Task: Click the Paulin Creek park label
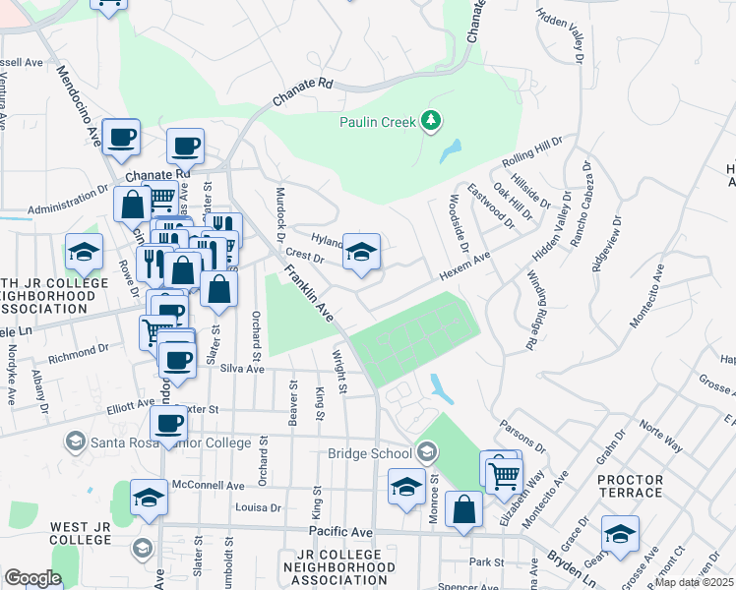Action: click(377, 122)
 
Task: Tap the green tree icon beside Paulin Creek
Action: click(430, 121)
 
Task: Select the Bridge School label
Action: click(369, 453)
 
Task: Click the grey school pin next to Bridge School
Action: click(426, 452)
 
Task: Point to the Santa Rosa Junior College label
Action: click(170, 442)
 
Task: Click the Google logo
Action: click(32, 578)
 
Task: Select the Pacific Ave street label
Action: click(340, 532)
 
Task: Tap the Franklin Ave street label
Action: click(309, 296)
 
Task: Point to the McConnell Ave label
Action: click(209, 486)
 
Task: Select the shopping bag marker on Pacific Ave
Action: click(463, 509)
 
